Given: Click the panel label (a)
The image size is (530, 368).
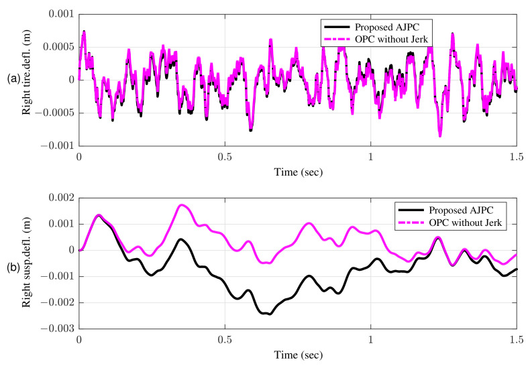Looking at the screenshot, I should pyautogui.click(x=13, y=79).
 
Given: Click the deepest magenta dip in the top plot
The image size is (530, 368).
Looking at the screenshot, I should pyautogui.click(x=440, y=136).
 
